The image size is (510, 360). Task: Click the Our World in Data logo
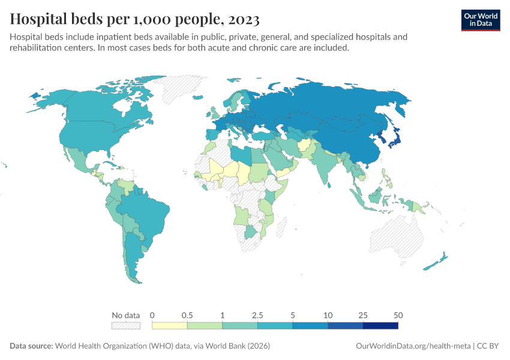[x=480, y=20]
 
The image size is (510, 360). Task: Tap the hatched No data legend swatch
[x=125, y=326]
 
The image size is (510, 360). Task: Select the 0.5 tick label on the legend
[x=187, y=315]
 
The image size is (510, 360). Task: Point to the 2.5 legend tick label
[x=257, y=315]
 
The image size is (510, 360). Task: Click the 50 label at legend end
[x=398, y=315]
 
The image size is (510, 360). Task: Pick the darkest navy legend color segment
[x=380, y=326]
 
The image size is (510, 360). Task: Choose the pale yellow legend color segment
[x=170, y=326]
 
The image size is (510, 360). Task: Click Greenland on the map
[x=183, y=90]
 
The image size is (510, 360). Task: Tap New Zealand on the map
[x=436, y=262]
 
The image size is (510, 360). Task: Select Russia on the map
[x=336, y=102]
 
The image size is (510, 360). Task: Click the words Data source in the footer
[x=31, y=346]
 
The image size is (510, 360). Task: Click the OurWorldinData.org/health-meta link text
[x=413, y=346]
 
